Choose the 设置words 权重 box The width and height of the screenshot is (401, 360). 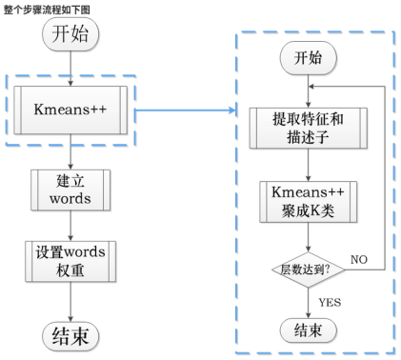click(x=72, y=259)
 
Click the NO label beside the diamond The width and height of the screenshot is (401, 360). click(x=360, y=258)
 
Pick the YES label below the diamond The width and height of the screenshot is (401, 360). click(x=328, y=301)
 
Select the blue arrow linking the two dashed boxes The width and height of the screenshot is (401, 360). click(x=186, y=111)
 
